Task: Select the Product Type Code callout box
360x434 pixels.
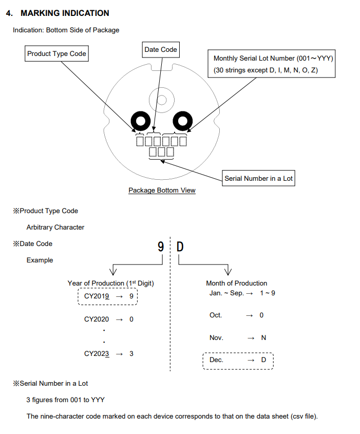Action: (56, 53)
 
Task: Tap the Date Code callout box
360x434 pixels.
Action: (161, 49)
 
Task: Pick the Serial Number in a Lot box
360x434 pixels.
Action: (259, 178)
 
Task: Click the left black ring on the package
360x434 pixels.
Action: (140, 122)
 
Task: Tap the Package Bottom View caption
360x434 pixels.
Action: (162, 191)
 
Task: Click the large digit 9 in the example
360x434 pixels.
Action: (161, 247)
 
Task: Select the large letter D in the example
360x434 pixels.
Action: (180, 247)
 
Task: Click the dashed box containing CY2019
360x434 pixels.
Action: (108, 296)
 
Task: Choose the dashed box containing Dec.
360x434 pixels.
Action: (238, 360)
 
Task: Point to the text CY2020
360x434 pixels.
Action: (96, 319)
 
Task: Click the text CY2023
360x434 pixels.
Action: (96, 354)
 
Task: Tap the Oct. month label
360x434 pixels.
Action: (216, 315)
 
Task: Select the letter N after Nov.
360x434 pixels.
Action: (263, 338)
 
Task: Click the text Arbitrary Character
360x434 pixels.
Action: (55, 227)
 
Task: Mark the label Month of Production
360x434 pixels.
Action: (236, 283)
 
